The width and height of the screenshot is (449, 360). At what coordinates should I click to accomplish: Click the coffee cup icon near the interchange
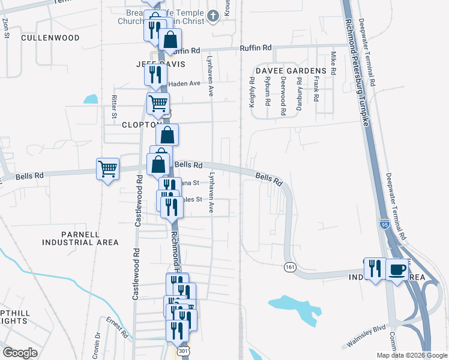(397, 269)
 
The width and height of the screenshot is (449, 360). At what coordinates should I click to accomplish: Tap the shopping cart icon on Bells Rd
(107, 169)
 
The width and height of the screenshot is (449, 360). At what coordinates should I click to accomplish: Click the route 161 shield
(290, 266)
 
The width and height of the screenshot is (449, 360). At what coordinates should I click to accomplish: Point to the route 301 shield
(182, 350)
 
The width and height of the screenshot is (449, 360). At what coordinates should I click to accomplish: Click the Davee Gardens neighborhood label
(291, 71)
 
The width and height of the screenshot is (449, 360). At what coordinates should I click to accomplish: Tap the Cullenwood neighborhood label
(50, 37)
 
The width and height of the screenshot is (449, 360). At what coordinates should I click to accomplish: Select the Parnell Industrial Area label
(80, 238)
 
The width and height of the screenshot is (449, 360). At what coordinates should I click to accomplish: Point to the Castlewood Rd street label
(138, 200)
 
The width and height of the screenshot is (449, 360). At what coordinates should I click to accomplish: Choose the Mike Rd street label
(333, 63)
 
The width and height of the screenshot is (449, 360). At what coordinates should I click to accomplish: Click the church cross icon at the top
(212, 15)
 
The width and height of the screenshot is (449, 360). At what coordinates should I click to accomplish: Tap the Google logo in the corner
(20, 352)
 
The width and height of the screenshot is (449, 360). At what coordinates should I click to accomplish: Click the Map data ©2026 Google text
(411, 355)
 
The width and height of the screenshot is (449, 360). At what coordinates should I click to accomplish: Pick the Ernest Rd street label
(118, 327)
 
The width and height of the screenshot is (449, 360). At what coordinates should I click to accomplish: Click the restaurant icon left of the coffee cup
(375, 269)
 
